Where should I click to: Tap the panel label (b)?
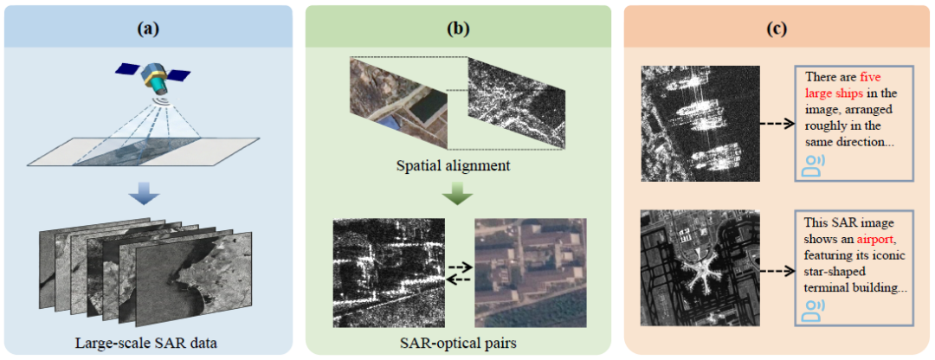pyautogui.click(x=458, y=28)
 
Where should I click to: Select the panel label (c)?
pyautogui.click(x=777, y=28)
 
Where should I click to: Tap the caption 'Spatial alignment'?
pyautogui.click(x=454, y=165)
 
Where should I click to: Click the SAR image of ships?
pyautogui.click(x=700, y=124)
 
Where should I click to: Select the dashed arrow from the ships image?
pyautogui.click(x=777, y=124)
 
